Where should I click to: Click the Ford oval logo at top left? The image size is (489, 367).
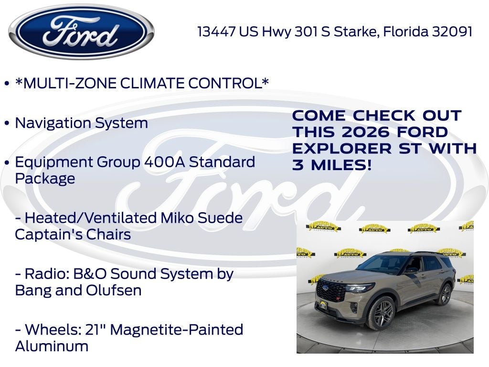tap(81, 32)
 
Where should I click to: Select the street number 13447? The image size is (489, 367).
tap(216, 32)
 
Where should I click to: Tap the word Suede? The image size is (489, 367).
tap(222, 218)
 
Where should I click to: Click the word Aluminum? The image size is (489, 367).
tap(52, 346)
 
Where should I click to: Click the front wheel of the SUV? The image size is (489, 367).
tap(382, 313)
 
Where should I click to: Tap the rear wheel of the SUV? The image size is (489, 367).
tap(444, 294)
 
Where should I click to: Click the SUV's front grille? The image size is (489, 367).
tap(331, 291)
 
